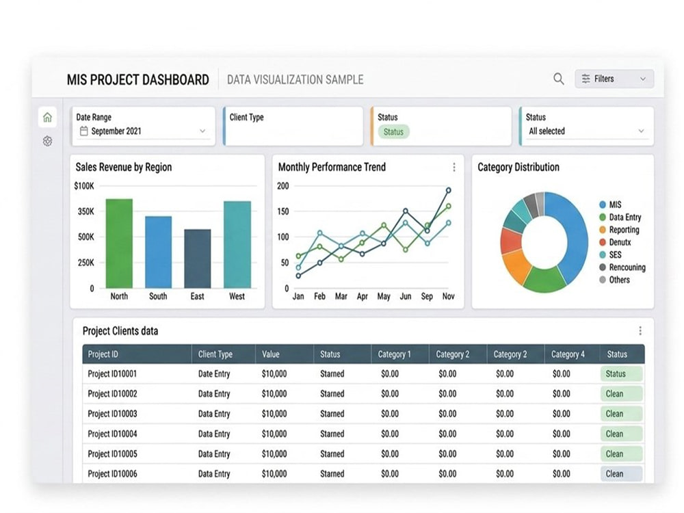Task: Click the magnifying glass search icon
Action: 558,79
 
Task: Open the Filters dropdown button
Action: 614,79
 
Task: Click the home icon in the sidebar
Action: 48,117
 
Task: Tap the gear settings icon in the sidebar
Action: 48,141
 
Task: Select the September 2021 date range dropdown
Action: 143,131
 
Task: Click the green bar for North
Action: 119,244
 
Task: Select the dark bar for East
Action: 198,259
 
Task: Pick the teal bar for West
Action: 237,245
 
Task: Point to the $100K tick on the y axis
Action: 83,186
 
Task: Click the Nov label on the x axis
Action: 449,296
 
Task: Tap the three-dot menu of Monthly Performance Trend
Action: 454,167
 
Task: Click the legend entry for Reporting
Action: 620,230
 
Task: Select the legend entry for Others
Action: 615,280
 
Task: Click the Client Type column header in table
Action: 215,354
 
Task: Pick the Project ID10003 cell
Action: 113,414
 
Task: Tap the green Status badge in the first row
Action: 621,374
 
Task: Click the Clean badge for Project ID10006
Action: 621,474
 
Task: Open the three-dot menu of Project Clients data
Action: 640,330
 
